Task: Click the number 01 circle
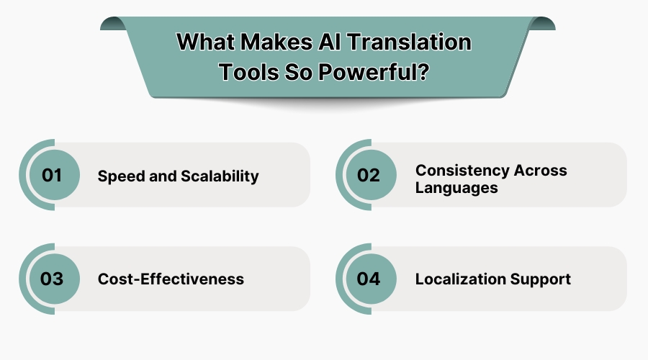pyautogui.click(x=52, y=175)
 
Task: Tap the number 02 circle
pyautogui.click(x=369, y=175)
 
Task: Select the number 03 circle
pyautogui.click(x=52, y=279)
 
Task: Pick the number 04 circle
pyautogui.click(x=369, y=279)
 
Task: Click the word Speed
pyautogui.click(x=120, y=176)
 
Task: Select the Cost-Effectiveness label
pyautogui.click(x=171, y=279)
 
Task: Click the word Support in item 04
pyautogui.click(x=543, y=279)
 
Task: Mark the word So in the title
pyautogui.click(x=294, y=72)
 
